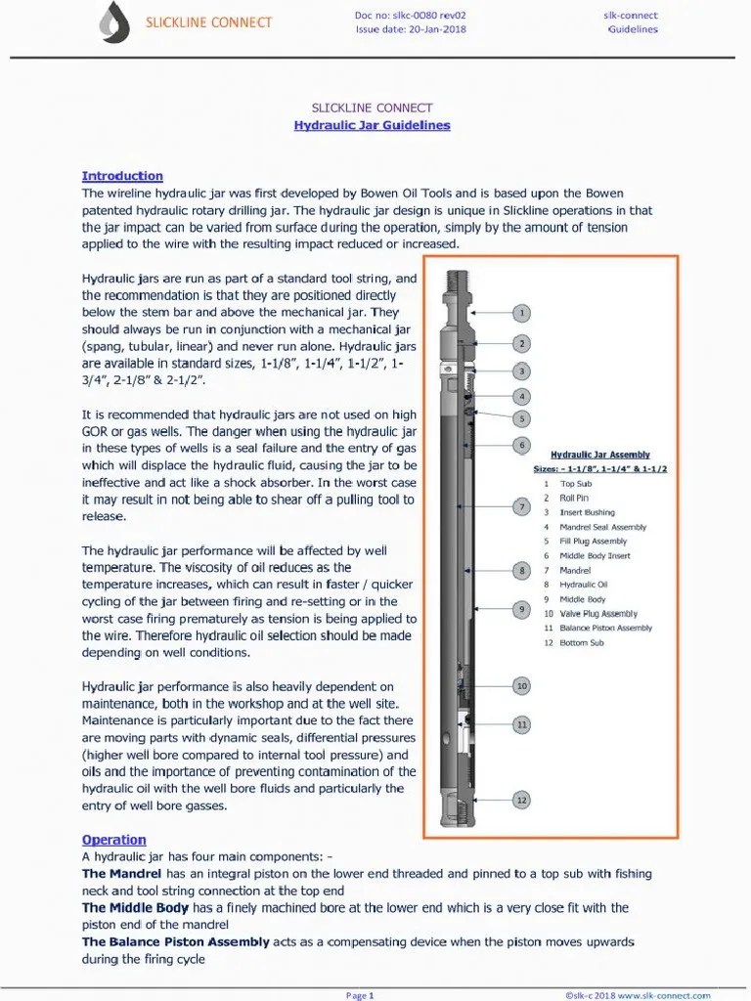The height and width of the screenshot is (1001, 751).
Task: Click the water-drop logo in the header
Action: click(115, 22)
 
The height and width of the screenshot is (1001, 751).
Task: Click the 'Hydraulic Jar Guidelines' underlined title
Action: click(372, 125)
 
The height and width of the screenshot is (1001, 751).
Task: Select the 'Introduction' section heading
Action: click(122, 176)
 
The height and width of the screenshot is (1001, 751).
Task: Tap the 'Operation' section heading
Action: click(113, 840)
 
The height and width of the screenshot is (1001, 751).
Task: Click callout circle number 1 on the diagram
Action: click(522, 313)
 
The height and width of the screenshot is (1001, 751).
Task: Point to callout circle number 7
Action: click(522, 507)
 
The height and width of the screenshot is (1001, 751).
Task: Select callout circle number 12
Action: click(522, 800)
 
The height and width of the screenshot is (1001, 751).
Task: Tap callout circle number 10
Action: click(522, 686)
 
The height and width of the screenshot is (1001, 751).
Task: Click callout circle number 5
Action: click(522, 418)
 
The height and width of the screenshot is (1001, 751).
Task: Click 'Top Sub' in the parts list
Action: click(575, 484)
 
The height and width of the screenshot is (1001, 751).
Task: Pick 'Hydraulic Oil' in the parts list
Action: click(583, 585)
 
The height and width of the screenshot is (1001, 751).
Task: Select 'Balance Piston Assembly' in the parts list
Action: click(605, 629)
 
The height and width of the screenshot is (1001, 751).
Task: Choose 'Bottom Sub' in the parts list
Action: click(581, 643)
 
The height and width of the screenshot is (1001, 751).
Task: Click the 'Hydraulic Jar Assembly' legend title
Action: click(600, 455)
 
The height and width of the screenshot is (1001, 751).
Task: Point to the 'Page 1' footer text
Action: click(360, 995)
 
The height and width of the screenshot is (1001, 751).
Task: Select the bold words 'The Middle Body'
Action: click(135, 908)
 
